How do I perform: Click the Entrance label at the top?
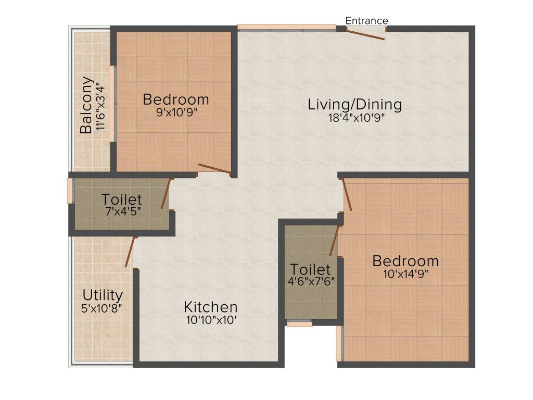[366, 21]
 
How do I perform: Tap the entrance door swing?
[365, 34]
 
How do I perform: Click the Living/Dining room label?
[354, 104]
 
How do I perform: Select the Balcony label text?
[87, 105]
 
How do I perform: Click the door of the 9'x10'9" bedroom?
[214, 169]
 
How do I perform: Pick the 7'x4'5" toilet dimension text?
[122, 211]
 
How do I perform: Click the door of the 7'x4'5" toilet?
[166, 194]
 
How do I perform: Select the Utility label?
[103, 295]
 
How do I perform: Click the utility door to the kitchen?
[130, 252]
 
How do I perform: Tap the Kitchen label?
[211, 307]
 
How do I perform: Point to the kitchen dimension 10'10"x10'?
[211, 320]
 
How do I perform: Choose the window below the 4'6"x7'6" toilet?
[299, 323]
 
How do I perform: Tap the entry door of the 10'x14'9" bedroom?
[347, 195]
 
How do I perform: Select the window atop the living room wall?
[287, 27]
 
